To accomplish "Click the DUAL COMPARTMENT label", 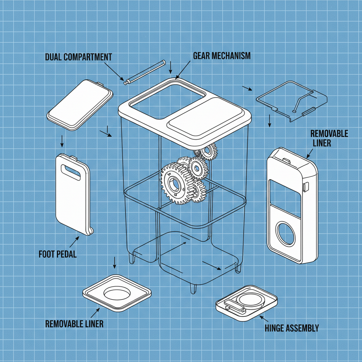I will click(x=78, y=57).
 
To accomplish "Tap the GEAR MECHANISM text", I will click(x=222, y=56).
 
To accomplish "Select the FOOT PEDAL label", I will click(x=57, y=254).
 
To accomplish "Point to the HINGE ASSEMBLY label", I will click(x=292, y=328).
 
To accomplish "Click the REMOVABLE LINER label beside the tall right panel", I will click(x=329, y=138).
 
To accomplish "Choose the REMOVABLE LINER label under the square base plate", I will click(x=74, y=323).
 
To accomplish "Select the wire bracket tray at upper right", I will click(x=291, y=100).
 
